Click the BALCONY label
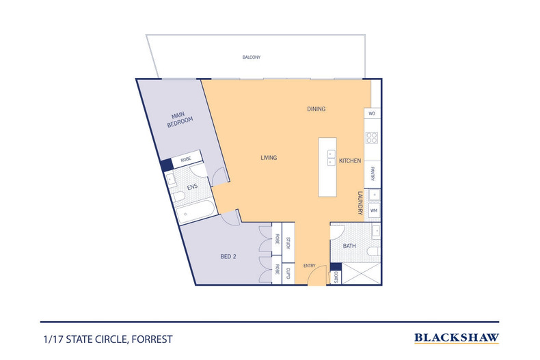(x=252, y=57)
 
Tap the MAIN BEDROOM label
(x=179, y=120)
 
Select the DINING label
(x=316, y=109)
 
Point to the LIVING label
(x=269, y=158)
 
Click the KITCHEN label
(x=350, y=161)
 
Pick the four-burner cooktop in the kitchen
(x=372, y=138)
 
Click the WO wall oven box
(x=373, y=113)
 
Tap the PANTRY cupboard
(x=373, y=174)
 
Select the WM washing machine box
(x=374, y=210)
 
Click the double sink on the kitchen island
(x=331, y=158)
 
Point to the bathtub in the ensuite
(x=195, y=210)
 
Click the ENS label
(x=192, y=187)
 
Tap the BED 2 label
(x=228, y=256)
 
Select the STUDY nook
(x=288, y=239)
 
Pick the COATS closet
(x=336, y=277)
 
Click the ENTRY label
(x=309, y=266)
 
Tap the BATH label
(x=349, y=246)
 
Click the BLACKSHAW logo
(x=457, y=338)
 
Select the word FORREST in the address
(x=152, y=340)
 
